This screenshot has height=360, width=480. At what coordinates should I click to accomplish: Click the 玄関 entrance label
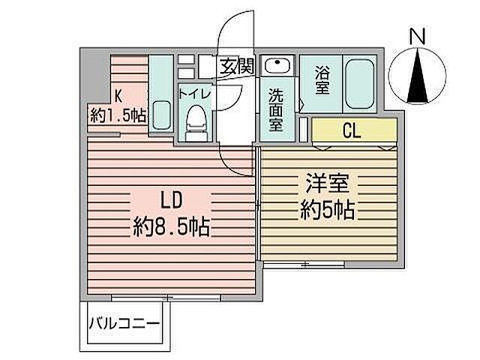coord(236,65)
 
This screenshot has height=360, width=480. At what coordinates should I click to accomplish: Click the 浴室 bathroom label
coord(322,82)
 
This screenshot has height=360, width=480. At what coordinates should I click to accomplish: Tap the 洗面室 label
coord(275,109)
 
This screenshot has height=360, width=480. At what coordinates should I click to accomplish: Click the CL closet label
coord(352,130)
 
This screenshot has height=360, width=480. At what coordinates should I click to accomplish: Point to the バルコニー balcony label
coord(124,324)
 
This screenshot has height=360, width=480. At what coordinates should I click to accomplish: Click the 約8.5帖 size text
coord(172,225)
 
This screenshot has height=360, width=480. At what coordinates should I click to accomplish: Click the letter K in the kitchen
coord(118,95)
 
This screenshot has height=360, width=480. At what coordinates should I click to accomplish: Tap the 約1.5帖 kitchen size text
coord(118,115)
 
